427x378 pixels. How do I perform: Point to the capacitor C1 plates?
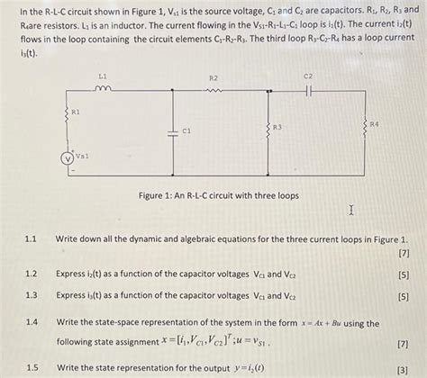[173, 131]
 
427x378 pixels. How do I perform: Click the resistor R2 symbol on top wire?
[213, 90]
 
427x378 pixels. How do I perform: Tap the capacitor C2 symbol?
[308, 90]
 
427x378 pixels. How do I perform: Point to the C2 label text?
[308, 76]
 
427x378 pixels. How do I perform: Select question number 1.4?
[31, 321]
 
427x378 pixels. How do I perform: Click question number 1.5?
[31, 367]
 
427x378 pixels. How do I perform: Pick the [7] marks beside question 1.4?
[402, 343]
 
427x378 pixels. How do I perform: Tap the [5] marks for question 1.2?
[402, 274]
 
